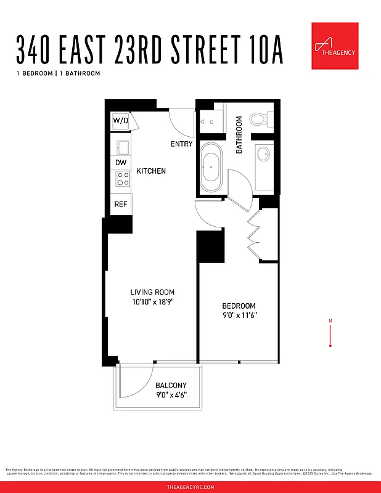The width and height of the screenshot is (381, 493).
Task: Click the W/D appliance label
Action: [120, 121]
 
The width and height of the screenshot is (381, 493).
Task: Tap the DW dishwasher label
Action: [121, 163]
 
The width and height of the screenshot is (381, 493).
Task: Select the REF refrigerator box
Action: [121, 204]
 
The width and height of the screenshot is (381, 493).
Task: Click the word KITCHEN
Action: [151, 171]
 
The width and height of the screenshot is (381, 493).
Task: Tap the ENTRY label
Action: [181, 144]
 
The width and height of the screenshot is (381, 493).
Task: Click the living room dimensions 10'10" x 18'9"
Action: [152, 302]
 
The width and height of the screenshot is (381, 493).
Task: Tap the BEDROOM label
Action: [239, 306]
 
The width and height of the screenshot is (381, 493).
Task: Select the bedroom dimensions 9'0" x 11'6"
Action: [239, 316]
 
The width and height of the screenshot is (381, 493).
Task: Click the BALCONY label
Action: [171, 386]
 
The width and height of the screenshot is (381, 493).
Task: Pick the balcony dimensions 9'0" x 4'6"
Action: [171, 395]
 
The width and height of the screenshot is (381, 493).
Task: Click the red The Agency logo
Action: [335, 46]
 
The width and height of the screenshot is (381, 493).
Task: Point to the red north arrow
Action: [331, 333]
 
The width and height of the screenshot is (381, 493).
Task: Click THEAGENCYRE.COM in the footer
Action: [190, 487]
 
